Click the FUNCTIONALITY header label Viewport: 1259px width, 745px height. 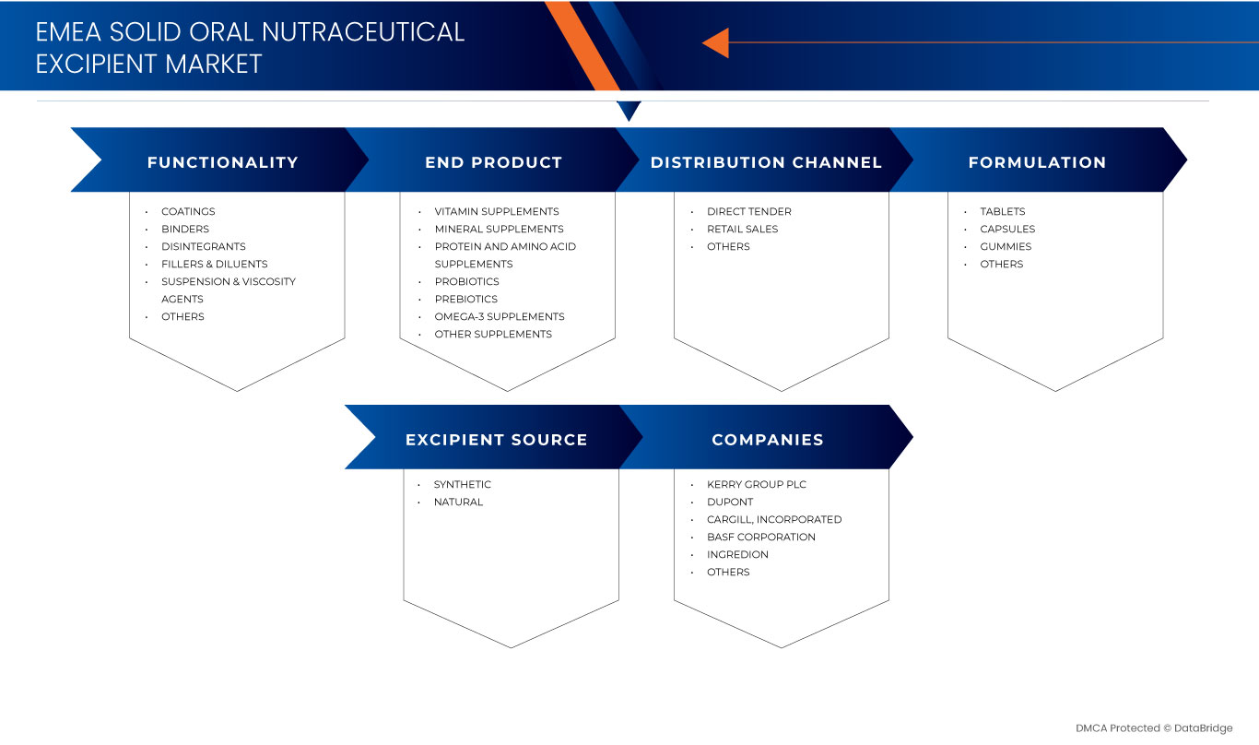222,162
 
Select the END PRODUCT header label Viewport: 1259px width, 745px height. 493,162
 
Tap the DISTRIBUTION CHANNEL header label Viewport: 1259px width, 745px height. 766,162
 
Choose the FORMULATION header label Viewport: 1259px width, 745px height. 1037,162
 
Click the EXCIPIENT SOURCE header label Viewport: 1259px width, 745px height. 496,440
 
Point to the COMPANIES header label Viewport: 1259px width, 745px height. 767,440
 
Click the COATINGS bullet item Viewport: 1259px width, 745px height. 188,211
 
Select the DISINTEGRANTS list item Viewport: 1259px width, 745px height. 203,246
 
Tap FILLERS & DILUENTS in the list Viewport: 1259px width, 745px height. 214,264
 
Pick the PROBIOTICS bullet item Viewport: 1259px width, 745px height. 466,281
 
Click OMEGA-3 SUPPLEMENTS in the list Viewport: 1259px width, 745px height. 499,316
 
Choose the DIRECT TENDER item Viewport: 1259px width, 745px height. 748,211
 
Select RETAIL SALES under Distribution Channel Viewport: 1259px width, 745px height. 742,229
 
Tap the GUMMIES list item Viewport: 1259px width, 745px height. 1006,246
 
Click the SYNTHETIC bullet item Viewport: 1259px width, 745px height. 462,484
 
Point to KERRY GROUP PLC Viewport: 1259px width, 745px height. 756,484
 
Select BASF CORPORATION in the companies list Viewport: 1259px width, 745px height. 760,537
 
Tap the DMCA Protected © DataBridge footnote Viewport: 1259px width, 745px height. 1153,728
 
